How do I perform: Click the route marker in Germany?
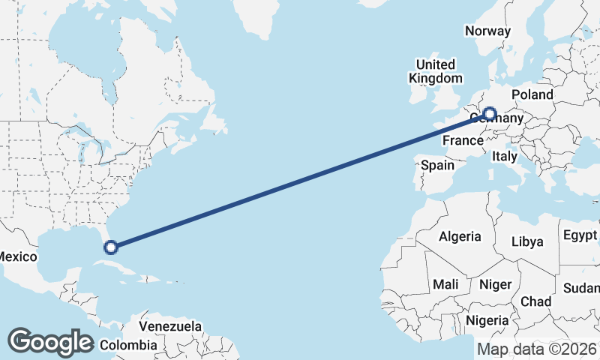490,114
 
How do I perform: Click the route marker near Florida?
111,247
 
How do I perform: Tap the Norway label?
487,31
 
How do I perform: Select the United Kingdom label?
436,71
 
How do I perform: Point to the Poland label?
532,94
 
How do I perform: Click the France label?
462,140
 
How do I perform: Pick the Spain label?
437,164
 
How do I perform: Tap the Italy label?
505,157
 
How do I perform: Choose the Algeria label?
460,236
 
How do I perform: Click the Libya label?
526,241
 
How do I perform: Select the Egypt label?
580,235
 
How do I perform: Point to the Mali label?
445,285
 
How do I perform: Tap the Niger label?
494,284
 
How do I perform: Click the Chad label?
535,301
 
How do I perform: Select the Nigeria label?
487,320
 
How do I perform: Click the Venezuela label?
171,326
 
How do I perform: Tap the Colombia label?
128,345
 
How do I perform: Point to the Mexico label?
17,256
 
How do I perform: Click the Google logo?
50,342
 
